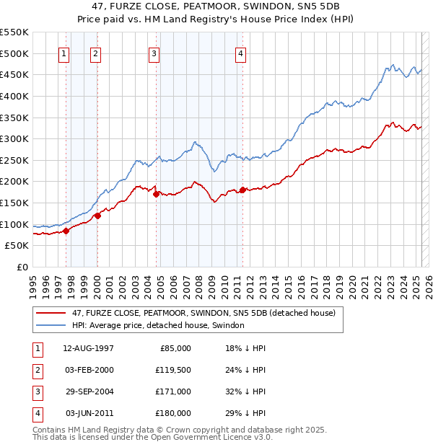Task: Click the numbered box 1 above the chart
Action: pos(64,53)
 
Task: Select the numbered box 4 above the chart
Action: pos(240,53)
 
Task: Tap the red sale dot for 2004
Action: pos(157,193)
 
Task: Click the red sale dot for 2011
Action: pos(242,190)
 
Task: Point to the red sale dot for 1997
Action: pos(66,231)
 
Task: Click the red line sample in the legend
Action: pos(51,313)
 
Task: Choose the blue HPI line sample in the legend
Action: pos(51,325)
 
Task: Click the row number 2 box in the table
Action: pos(36,370)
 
